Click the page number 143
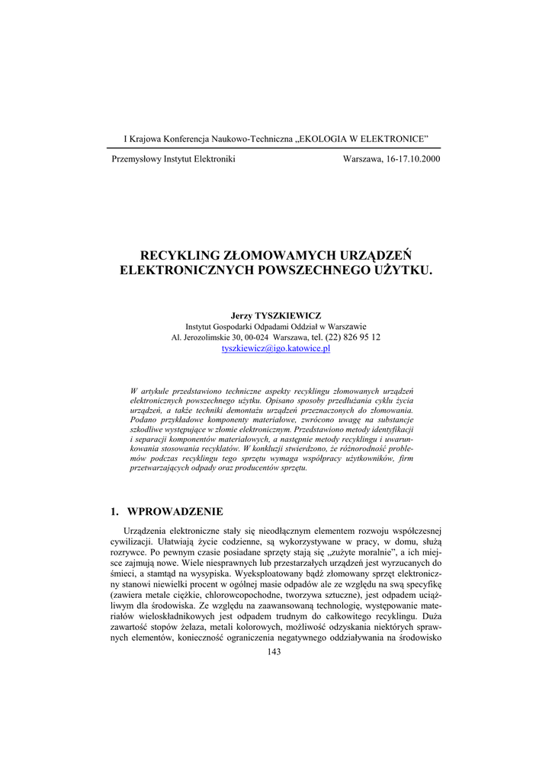[x=276, y=650]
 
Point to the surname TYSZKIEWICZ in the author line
[x=287, y=315]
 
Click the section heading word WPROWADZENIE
[x=175, y=511]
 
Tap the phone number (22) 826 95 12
[x=353, y=337]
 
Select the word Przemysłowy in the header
[x=136, y=158]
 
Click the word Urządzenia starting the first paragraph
[x=145, y=530]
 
